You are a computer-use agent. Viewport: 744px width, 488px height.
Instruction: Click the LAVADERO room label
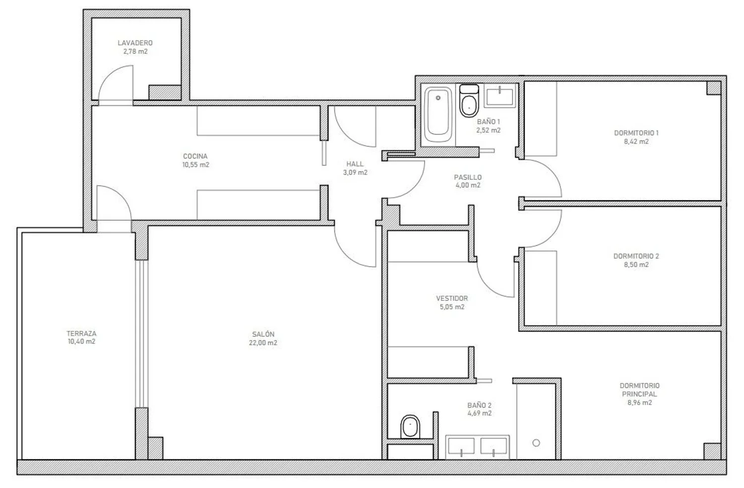click(x=135, y=43)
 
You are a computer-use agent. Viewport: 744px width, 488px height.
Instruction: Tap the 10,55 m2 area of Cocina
click(x=195, y=164)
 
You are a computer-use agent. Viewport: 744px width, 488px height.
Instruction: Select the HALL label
click(x=355, y=164)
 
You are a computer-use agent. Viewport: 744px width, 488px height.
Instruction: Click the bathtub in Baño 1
click(x=438, y=115)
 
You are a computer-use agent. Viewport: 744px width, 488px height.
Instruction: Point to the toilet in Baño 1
click(x=469, y=101)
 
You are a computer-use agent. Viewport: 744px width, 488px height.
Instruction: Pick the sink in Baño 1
click(x=499, y=95)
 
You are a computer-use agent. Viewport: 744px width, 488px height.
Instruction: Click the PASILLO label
click(x=468, y=177)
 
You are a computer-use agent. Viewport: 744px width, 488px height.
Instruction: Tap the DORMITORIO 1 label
click(x=636, y=133)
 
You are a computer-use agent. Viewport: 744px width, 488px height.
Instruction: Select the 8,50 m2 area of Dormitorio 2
click(x=636, y=265)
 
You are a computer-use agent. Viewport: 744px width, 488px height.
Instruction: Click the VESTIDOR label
click(x=452, y=298)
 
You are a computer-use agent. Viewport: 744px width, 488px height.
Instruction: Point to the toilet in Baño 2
click(x=410, y=426)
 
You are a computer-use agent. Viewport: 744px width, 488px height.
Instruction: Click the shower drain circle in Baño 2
click(x=536, y=443)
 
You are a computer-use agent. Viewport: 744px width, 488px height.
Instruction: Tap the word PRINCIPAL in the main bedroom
click(x=639, y=394)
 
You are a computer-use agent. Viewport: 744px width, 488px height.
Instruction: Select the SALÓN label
click(x=263, y=334)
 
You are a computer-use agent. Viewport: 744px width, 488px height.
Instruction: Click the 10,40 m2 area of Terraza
click(x=81, y=342)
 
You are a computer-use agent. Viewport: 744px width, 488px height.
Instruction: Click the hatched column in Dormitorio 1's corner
click(x=713, y=88)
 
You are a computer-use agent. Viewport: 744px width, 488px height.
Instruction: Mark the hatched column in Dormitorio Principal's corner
click(x=712, y=451)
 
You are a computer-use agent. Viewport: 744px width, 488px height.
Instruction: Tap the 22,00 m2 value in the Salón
click(x=263, y=343)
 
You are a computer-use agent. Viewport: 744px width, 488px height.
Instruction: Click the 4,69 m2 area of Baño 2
click(x=479, y=413)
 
